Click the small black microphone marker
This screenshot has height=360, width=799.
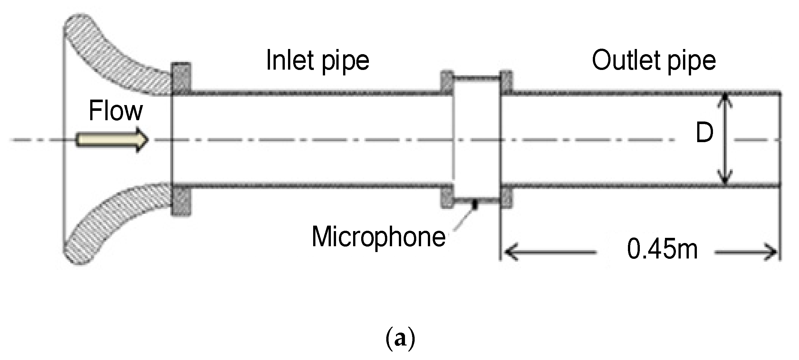[x=475, y=205]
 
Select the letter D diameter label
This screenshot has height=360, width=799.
[x=704, y=133]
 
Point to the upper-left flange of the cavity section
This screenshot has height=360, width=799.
[x=446, y=82]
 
